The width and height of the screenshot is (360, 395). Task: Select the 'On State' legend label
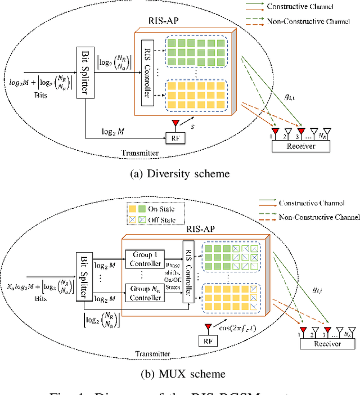point(161,208)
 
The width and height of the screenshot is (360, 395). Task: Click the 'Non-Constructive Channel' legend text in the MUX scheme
point(319,217)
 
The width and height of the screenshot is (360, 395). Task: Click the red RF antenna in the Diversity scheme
point(177,122)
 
